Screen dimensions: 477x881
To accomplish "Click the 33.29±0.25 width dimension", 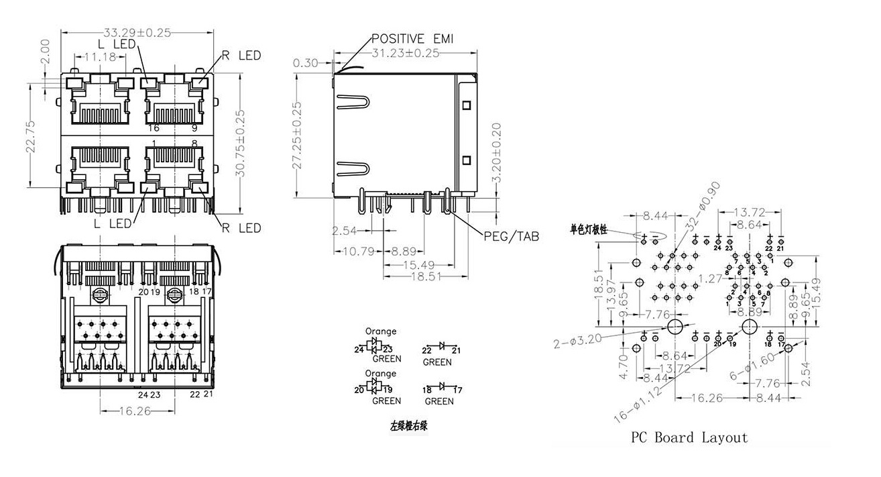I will (x=137, y=32).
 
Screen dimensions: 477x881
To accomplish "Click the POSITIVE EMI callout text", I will (x=412, y=39).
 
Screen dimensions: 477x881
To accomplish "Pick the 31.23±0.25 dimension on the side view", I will (x=405, y=53).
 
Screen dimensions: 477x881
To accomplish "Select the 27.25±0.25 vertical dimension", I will (x=298, y=135).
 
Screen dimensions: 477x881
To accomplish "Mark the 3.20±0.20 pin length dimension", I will (x=496, y=153).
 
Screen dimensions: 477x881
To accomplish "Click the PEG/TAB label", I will (x=512, y=236).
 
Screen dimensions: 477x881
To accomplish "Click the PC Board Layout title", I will (x=689, y=437).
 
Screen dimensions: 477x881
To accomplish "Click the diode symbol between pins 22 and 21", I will (x=440, y=346).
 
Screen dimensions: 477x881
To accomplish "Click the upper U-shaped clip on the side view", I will (x=354, y=102).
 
